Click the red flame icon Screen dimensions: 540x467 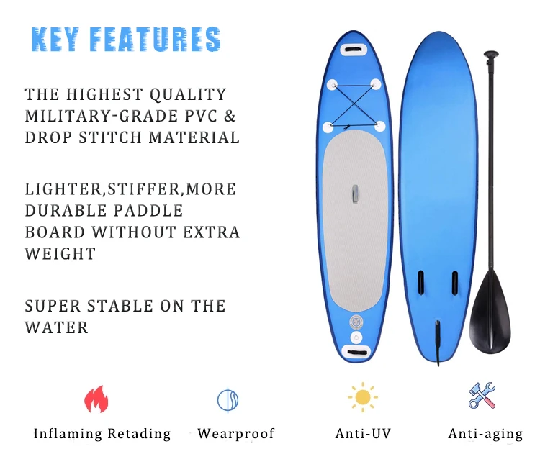(96, 399)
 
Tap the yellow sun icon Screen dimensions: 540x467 (363, 397)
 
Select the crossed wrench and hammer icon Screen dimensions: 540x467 (482, 396)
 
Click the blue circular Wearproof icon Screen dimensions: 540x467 (228, 400)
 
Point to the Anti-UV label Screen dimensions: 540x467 (363, 434)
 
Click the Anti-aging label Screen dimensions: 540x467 (485, 435)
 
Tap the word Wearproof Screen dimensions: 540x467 (236, 435)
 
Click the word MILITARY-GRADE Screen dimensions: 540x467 (102, 116)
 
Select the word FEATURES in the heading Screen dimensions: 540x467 (155, 40)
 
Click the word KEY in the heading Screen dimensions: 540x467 (55, 40)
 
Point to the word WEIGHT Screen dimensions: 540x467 (60, 254)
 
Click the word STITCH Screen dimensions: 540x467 (110, 137)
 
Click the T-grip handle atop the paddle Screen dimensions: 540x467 (491, 55)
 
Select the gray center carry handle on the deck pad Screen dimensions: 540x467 (355, 194)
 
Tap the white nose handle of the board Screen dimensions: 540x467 (353, 50)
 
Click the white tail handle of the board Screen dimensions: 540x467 (356, 352)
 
